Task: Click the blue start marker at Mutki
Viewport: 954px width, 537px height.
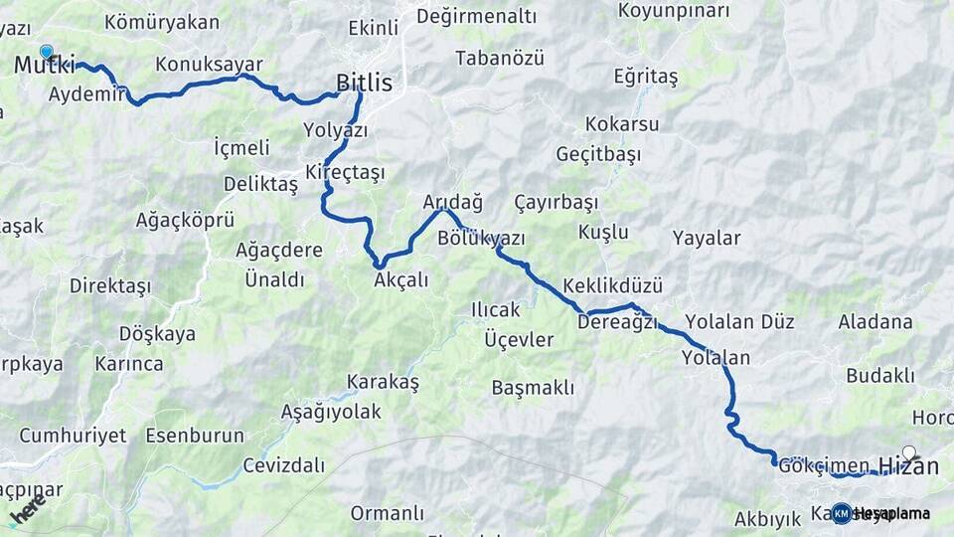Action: (46, 52)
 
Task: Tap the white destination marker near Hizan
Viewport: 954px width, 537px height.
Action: (908, 452)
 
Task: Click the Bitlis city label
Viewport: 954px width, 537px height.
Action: (364, 83)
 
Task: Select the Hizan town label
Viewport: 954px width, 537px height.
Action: (907, 465)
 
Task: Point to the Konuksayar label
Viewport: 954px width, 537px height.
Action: (209, 65)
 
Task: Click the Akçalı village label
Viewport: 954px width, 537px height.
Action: (401, 280)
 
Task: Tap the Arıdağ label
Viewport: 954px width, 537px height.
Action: (452, 202)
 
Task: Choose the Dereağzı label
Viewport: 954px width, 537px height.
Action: (617, 321)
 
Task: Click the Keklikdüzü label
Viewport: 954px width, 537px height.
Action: (612, 285)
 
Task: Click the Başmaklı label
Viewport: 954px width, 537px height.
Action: (533, 388)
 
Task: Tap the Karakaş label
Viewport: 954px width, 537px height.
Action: (383, 382)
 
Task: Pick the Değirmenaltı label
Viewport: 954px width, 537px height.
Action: (476, 16)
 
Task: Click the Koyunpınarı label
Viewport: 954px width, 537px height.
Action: (673, 11)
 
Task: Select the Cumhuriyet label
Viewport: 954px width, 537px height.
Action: (73, 436)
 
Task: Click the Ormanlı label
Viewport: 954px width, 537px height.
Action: (387, 513)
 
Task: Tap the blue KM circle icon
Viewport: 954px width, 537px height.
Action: (842, 513)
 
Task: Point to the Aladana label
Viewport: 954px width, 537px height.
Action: (874, 322)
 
